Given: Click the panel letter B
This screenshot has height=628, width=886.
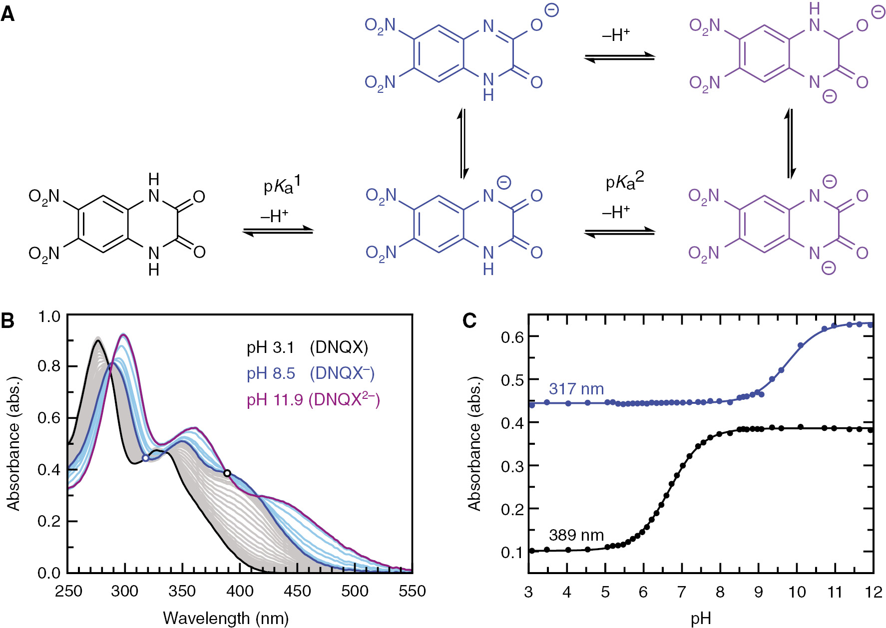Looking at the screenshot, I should (x=7, y=320).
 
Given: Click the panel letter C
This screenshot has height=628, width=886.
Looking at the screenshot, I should (x=469, y=320).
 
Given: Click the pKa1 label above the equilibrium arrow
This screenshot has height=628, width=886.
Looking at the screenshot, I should (x=282, y=185).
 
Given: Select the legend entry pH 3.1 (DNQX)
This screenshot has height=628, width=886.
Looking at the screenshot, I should (x=307, y=347).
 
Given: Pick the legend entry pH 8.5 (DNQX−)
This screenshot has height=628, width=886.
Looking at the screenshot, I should (x=310, y=373).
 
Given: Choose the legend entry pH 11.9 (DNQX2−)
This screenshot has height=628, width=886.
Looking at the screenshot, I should (x=313, y=399).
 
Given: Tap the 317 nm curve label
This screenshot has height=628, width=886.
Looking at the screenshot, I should (x=576, y=388).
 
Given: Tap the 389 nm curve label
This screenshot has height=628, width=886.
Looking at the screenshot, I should (x=576, y=535).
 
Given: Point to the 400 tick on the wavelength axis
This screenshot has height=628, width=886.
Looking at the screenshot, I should (x=239, y=591).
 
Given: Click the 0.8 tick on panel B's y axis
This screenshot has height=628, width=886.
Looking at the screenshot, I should (x=48, y=366).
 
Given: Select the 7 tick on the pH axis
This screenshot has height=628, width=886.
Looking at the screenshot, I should (x=681, y=592).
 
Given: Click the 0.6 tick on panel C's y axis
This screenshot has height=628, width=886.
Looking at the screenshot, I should (x=511, y=337).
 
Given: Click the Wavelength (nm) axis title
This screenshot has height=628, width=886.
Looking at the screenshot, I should (x=226, y=618).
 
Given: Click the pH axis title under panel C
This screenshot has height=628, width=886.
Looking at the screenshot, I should (x=700, y=619).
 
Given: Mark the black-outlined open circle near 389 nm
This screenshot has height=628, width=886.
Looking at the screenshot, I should (x=227, y=473).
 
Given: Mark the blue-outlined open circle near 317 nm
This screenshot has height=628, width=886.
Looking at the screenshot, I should (x=146, y=458).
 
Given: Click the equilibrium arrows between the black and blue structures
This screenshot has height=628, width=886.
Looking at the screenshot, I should (x=278, y=231).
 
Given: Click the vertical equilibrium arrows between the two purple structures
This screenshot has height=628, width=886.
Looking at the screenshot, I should (x=790, y=143).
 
